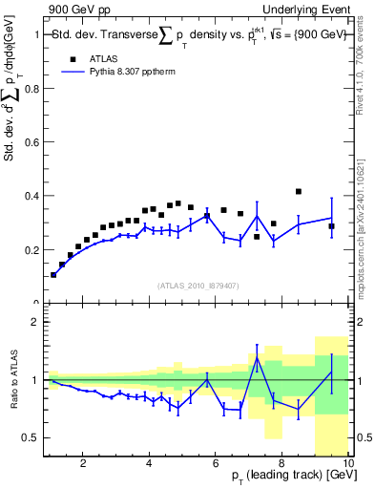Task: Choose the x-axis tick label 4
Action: tap(150, 464)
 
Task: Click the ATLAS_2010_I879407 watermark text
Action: tap(198, 285)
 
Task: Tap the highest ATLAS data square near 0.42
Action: tap(299, 192)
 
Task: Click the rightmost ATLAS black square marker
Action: tap(331, 226)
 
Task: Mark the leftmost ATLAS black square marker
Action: tap(53, 274)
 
